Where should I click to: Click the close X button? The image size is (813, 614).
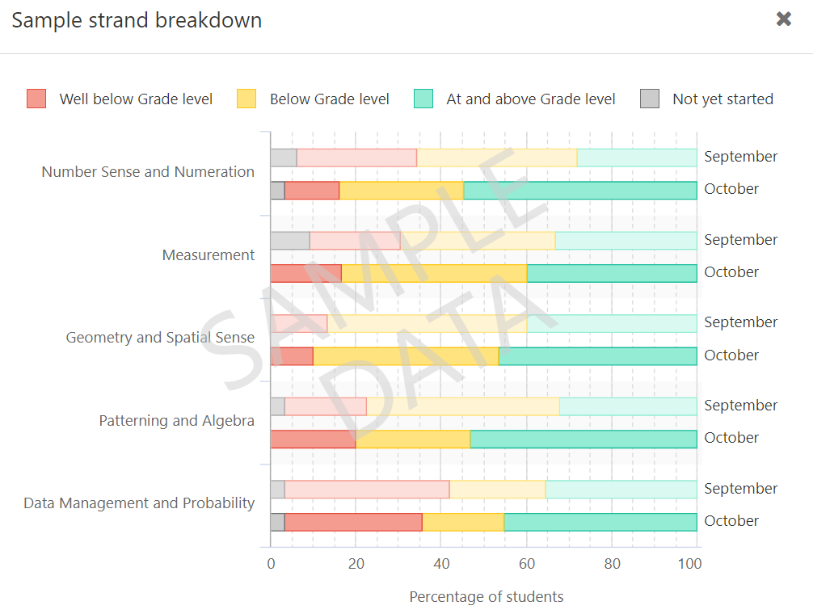tap(783, 19)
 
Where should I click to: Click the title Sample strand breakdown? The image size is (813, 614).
tap(137, 20)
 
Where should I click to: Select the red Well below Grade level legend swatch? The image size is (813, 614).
tap(36, 99)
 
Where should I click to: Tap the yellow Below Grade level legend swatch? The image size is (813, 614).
tap(246, 99)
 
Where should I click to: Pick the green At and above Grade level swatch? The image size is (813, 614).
tap(423, 99)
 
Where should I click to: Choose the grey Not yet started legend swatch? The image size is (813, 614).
tap(650, 99)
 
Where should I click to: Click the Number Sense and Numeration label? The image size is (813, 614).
tap(148, 172)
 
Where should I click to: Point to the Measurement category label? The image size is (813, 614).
tap(209, 255)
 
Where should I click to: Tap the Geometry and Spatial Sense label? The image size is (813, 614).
tap(160, 338)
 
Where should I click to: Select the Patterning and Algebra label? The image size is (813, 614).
tap(176, 421)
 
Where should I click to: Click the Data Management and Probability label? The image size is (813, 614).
tap(139, 503)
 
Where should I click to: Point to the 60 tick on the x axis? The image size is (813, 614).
tap(527, 564)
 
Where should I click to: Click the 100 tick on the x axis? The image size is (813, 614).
tap(689, 564)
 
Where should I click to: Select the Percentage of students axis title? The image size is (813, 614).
tap(486, 597)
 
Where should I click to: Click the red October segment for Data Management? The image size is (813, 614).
tap(353, 522)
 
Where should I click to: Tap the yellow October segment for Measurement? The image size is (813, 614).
tap(434, 273)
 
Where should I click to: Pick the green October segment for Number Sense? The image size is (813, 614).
tap(579, 190)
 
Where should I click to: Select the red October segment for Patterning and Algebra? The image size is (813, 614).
tap(313, 439)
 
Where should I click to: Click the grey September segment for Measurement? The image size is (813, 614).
tap(289, 240)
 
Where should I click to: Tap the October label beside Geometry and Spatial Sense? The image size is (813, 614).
tap(731, 355)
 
